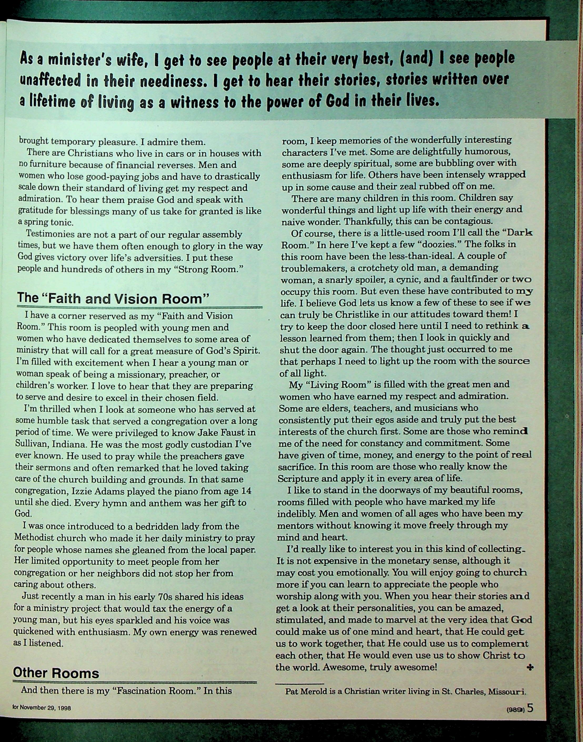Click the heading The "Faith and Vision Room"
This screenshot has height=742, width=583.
click(113, 299)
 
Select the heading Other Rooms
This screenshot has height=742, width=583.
click(56, 673)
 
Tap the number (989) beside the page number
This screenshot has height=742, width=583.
click(515, 709)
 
